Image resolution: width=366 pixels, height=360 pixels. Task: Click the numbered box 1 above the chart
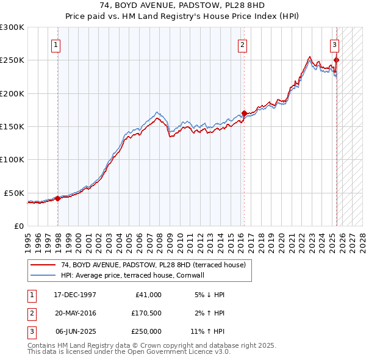click(56, 44)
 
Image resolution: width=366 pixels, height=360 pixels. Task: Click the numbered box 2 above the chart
click(242, 44)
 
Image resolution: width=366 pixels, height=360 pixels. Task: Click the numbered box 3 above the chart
click(335, 44)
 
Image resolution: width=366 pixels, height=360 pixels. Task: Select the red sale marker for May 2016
click(244, 113)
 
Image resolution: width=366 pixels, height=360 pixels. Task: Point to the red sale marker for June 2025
click(337, 60)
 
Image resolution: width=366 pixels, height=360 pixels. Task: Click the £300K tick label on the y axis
click(12, 27)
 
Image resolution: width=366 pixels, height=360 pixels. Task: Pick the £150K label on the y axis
click(12, 127)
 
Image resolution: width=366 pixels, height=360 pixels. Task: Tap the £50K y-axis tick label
click(14, 193)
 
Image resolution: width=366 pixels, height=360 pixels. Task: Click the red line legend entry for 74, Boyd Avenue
click(152, 265)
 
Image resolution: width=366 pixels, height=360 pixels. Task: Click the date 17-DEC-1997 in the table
click(75, 295)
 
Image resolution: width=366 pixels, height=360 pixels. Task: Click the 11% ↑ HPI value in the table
click(207, 331)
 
